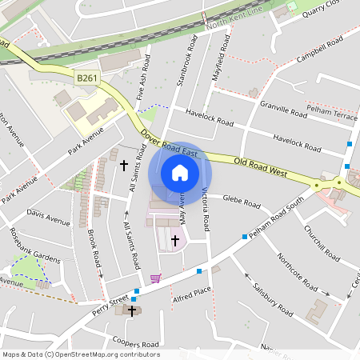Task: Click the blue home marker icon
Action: click(x=180, y=173)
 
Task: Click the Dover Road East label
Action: click(x=169, y=143)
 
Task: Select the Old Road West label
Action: click(x=260, y=166)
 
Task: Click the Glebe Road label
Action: click(x=242, y=201)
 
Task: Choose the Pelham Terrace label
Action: click(x=334, y=117)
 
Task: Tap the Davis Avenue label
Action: click(x=48, y=217)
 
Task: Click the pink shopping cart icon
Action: click(x=155, y=278)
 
